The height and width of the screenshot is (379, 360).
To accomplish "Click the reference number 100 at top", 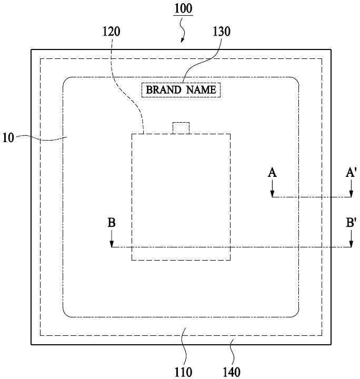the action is click(x=183, y=8).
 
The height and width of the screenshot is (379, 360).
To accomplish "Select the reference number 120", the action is click(x=112, y=32).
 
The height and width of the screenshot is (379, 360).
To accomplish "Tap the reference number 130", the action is click(x=221, y=32).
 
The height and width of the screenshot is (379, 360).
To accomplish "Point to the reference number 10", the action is click(x=8, y=138).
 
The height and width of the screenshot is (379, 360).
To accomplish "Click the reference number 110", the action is click(x=183, y=372).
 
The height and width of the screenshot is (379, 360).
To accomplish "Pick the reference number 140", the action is click(x=232, y=372).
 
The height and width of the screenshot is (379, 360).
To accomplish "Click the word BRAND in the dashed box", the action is click(x=164, y=90).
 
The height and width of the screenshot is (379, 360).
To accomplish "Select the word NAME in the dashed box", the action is click(x=201, y=90).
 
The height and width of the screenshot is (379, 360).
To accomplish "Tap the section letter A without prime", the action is click(x=272, y=173).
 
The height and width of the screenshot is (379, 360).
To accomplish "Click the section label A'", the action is click(x=351, y=173).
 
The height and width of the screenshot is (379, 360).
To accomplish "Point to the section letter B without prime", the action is click(x=112, y=223).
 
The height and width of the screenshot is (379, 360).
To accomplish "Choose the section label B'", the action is click(x=351, y=223).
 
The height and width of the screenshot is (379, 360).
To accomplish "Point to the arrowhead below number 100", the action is click(x=183, y=41).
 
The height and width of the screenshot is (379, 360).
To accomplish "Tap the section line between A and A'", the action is click(x=312, y=197).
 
